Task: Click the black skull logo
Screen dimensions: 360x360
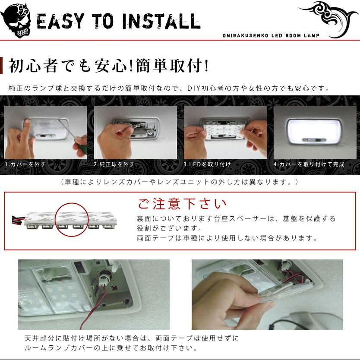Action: coord(16,20)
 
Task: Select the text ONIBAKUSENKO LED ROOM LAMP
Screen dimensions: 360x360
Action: coord(271,35)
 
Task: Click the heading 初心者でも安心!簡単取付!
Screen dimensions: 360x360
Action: coord(109,66)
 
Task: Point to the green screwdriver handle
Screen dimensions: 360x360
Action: coord(80,146)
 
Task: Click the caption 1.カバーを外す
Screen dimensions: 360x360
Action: coord(25,164)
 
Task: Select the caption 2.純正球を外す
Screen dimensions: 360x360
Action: coord(114,164)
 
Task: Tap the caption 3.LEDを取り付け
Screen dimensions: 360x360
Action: coord(207,164)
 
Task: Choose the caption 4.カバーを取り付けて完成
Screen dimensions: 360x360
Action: coord(309,164)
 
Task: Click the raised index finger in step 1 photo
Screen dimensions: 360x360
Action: coord(27,129)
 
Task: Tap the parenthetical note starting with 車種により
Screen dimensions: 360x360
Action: coord(180,182)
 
